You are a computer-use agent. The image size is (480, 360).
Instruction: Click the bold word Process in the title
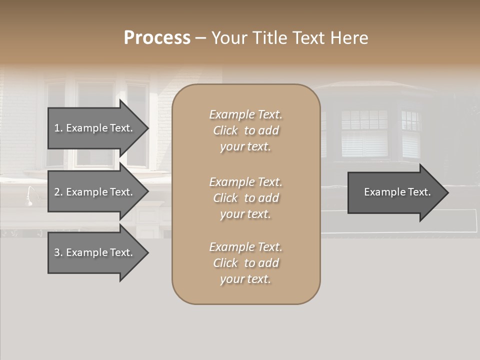157,38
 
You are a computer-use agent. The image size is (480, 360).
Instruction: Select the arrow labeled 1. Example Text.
93,128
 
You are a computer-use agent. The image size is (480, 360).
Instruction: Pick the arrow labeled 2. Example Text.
93,192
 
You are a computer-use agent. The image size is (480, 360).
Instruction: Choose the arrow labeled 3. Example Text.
93,252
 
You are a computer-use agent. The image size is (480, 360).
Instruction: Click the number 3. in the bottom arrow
58,252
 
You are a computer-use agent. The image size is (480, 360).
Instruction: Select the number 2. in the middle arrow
58,192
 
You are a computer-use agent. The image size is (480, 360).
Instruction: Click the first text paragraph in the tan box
245,130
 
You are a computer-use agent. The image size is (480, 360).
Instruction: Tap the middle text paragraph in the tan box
245,197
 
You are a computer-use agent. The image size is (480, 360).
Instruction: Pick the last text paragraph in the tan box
245,263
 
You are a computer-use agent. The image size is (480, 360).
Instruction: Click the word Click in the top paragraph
225,131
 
